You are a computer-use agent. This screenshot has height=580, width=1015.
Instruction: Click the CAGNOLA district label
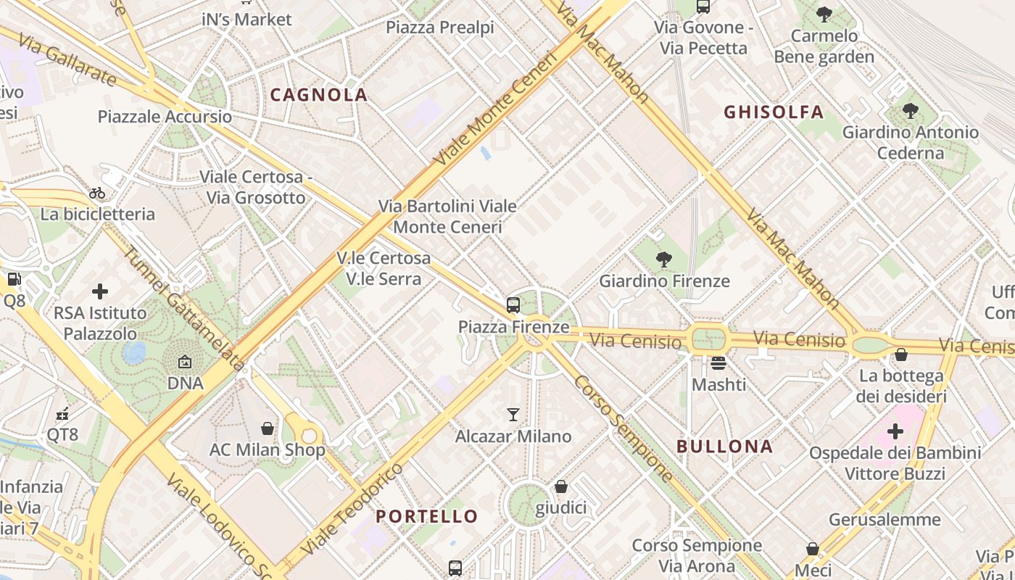tap(319, 95)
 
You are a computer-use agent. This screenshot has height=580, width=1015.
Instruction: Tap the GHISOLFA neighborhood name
tap(774, 112)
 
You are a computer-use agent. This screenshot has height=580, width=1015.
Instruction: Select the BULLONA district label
tap(724, 447)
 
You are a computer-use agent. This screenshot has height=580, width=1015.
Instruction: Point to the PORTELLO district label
tap(427, 516)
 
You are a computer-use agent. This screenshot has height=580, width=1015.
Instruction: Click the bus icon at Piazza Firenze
tap(513, 305)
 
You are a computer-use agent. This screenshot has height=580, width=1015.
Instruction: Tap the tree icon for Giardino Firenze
tap(663, 260)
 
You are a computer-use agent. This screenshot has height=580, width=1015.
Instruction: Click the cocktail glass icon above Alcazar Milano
tap(513, 415)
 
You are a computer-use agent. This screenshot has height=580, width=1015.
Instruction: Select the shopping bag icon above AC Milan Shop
tap(268, 428)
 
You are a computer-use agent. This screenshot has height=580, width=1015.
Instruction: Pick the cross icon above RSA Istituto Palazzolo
tap(100, 291)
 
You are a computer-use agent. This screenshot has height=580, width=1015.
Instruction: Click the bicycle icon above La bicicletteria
tap(97, 193)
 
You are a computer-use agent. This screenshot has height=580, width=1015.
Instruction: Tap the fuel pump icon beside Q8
tap(14, 279)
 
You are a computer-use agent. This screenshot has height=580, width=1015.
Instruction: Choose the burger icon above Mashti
tap(718, 362)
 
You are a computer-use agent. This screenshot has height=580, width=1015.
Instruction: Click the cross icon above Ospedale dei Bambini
tap(895, 431)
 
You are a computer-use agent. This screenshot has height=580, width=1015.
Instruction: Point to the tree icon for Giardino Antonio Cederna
tap(910, 111)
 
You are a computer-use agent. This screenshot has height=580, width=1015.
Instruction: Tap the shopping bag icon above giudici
tap(560, 486)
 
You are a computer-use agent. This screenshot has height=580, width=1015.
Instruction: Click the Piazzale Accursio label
tap(165, 117)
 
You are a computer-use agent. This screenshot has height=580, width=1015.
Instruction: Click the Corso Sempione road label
tap(624, 428)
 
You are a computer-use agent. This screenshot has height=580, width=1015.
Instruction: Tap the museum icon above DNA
tap(185, 361)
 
